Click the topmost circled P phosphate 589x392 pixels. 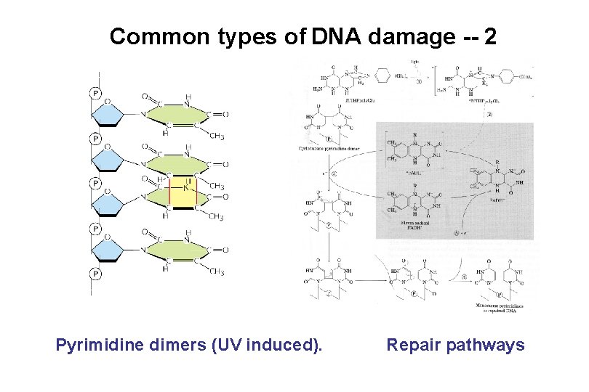click(x=94, y=92)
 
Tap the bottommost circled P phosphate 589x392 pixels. click(x=94, y=274)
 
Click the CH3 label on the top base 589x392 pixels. click(x=217, y=136)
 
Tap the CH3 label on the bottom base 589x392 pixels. click(x=217, y=271)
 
